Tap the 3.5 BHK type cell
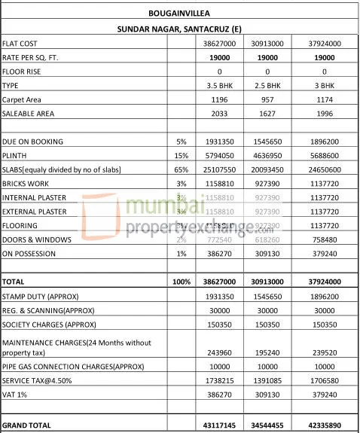218,86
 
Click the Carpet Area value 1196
218,99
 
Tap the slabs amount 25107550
218,169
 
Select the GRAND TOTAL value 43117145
218,425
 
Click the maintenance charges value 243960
218,355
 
